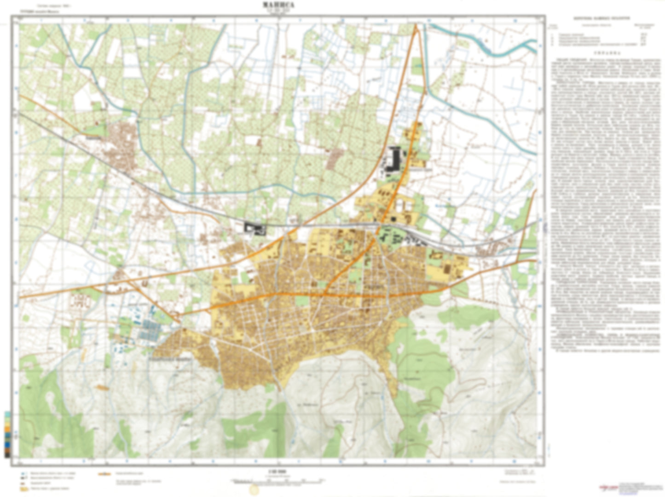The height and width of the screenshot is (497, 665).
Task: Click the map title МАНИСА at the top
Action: coord(278,5)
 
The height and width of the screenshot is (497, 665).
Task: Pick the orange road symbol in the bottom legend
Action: coord(104,473)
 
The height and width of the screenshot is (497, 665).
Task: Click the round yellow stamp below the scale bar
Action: coord(254,490)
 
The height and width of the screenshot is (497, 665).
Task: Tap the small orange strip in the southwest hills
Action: coord(103,388)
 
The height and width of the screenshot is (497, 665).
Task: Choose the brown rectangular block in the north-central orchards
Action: coord(335,158)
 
